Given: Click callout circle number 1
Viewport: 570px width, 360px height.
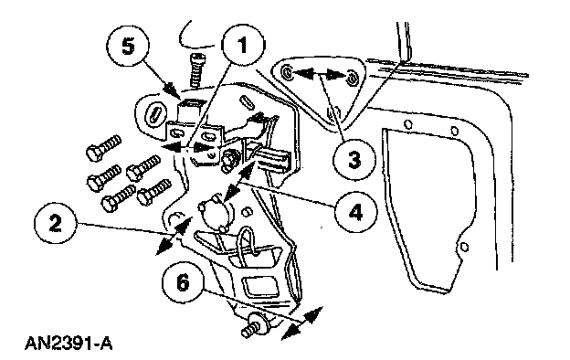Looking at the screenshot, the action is tap(243, 45).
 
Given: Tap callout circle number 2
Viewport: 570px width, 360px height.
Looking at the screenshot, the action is tap(56, 223).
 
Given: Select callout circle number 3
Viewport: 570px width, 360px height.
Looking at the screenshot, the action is tap(354, 159).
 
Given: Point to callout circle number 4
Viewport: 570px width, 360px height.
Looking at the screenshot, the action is tap(356, 212).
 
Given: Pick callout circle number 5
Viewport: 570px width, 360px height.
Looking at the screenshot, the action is tap(128, 48).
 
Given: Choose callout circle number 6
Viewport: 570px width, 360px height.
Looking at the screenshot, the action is tap(184, 281).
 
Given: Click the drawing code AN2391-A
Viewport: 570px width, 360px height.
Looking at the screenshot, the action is tap(69, 344).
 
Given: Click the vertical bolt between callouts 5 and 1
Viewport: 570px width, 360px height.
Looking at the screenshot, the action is tap(197, 70).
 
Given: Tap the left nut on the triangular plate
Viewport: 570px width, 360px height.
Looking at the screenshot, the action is tap(288, 73).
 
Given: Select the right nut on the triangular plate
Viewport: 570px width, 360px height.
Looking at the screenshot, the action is tap(352, 78).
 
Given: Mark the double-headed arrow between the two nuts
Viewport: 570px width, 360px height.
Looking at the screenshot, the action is tap(320, 75).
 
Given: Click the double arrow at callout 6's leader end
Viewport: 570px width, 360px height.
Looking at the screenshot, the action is tap(302, 323).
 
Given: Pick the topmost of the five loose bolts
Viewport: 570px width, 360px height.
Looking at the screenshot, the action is tap(103, 147).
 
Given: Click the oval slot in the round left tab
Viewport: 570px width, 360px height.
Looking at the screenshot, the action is tap(155, 116).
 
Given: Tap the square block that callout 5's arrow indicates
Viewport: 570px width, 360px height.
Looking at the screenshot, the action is tap(191, 110).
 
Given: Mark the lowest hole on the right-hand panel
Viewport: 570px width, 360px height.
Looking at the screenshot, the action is tap(464, 248).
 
